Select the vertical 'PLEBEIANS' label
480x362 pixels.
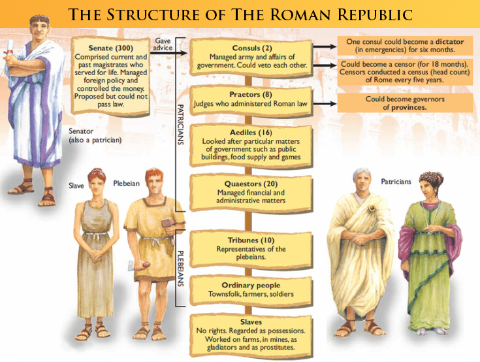[181, 268]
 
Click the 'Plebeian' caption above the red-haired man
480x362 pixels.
[127, 184]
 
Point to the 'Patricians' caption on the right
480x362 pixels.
[396, 182]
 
